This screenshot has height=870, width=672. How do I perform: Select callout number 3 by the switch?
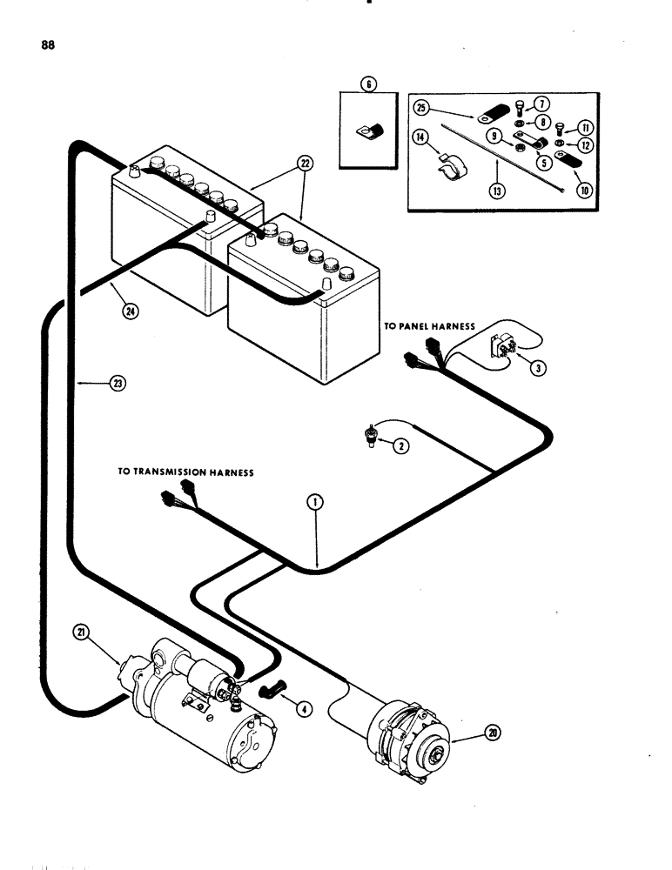click(539, 368)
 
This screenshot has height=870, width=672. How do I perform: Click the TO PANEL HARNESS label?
click(429, 325)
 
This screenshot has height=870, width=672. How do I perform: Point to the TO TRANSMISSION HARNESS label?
click(185, 472)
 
